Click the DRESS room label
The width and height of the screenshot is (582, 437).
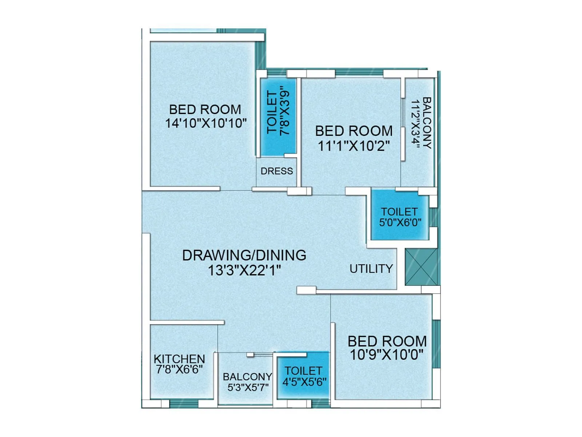coord(276,171)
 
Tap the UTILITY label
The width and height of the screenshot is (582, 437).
coord(371,269)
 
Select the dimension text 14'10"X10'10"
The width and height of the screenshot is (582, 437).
coord(206,123)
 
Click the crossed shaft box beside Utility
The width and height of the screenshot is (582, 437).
coord(421,267)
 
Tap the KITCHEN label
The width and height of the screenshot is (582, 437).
coord(179,359)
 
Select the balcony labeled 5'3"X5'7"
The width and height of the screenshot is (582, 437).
coord(247,382)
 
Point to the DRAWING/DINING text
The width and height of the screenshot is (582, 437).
coord(244,255)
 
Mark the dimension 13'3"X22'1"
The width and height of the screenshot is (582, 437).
coord(244,271)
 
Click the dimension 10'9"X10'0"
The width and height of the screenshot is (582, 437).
coord(387,354)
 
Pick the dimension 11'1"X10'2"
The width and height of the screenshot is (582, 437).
coord(354,146)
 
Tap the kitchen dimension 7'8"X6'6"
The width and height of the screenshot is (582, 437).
coord(179,369)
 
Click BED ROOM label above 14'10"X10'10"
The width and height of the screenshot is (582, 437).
coord(205,109)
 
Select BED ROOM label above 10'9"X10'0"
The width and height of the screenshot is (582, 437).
coord(387,341)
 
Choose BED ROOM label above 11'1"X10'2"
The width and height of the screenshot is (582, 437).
coord(354,131)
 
